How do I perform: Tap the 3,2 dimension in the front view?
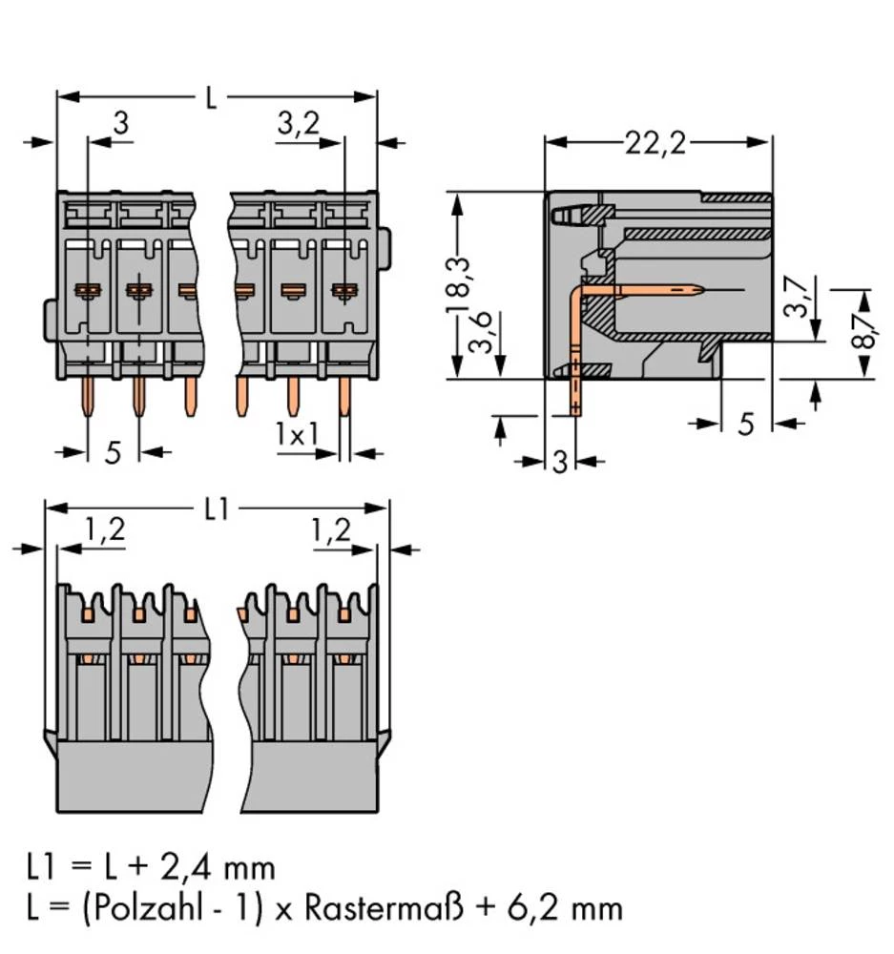[x=298, y=123]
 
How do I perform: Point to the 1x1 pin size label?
[x=297, y=434]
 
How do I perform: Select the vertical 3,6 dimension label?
[x=488, y=336]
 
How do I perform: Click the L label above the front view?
[x=210, y=97]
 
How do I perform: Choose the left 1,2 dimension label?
[x=104, y=530]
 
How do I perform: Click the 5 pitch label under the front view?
[x=113, y=452]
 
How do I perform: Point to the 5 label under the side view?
[x=746, y=424]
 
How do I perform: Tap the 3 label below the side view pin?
[x=560, y=463]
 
